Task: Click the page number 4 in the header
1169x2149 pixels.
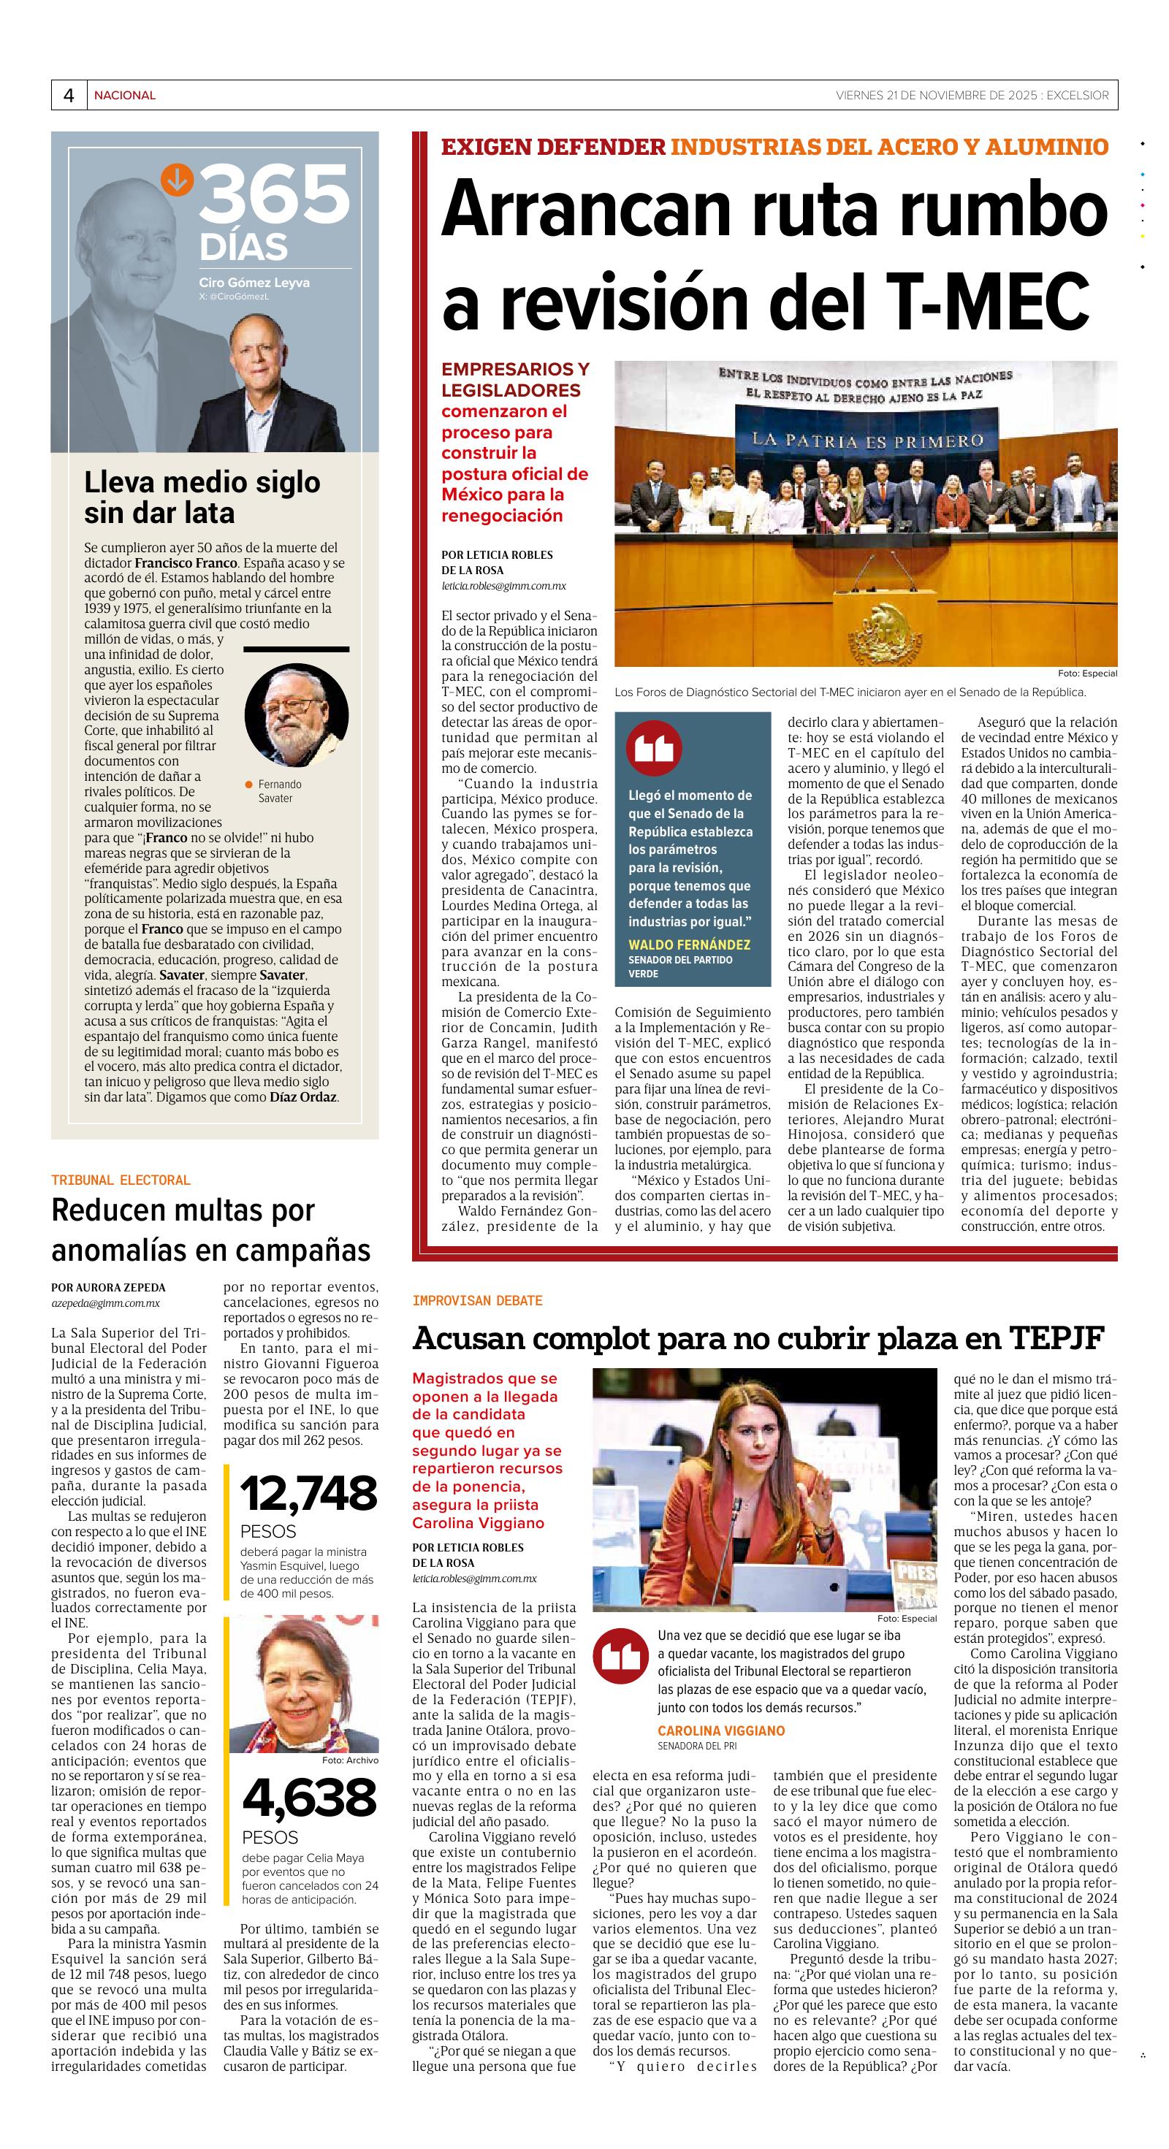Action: click(69, 95)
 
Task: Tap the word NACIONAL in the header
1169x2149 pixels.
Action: click(124, 95)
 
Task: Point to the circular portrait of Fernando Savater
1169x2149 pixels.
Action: click(296, 715)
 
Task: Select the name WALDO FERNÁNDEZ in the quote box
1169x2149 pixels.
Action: click(689, 944)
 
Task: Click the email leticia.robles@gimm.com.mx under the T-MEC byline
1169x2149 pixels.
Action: click(504, 586)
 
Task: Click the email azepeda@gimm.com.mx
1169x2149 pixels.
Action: click(105, 1302)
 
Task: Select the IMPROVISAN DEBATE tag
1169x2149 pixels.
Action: click(477, 1301)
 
